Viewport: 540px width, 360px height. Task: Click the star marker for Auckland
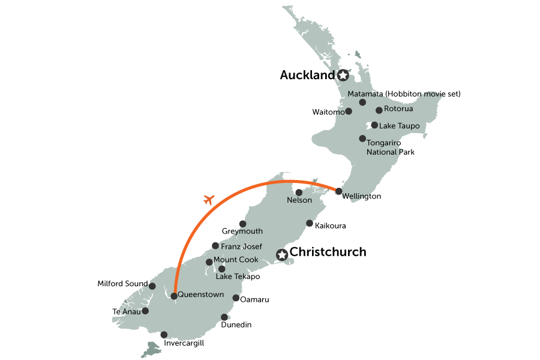coord(343,76)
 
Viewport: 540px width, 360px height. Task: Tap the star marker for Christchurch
coord(281,256)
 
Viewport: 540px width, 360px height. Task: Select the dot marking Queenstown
coord(173,295)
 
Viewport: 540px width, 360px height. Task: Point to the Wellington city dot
coord(339,191)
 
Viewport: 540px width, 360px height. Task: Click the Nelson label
coord(299,200)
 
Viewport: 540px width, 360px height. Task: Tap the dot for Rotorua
coord(379,110)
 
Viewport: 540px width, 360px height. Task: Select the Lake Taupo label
coord(399,126)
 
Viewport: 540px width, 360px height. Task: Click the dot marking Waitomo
coord(349,112)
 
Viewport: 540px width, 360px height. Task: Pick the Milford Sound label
coord(122,283)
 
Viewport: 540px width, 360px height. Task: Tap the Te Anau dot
coord(145,311)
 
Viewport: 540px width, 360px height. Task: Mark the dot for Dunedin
coord(224,317)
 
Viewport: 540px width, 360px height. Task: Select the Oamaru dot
coord(235,298)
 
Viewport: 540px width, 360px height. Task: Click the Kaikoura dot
coord(310,223)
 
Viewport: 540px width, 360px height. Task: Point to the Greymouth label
coord(242,232)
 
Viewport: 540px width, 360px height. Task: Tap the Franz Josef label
coord(241,246)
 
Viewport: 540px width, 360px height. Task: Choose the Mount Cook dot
coord(209,262)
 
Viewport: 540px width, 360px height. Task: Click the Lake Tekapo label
coord(238,277)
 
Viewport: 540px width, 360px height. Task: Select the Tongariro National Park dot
coord(362,139)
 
